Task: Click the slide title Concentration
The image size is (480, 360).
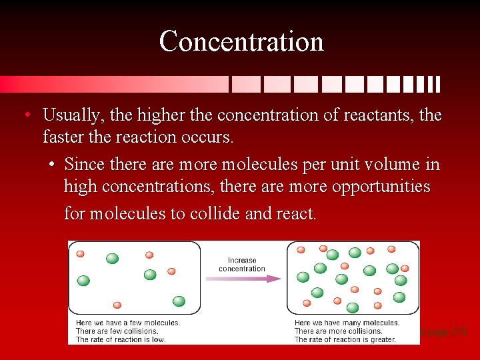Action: click(x=241, y=41)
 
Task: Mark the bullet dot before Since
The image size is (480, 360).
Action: click(x=52, y=164)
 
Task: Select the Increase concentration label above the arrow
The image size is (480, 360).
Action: click(x=242, y=265)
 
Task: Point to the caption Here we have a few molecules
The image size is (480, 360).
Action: click(x=127, y=323)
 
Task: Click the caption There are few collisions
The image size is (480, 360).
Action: click(x=117, y=331)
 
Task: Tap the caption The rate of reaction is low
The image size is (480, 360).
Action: click(x=121, y=339)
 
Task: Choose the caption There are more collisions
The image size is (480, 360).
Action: click(x=338, y=331)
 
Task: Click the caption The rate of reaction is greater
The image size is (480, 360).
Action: click(x=345, y=339)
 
